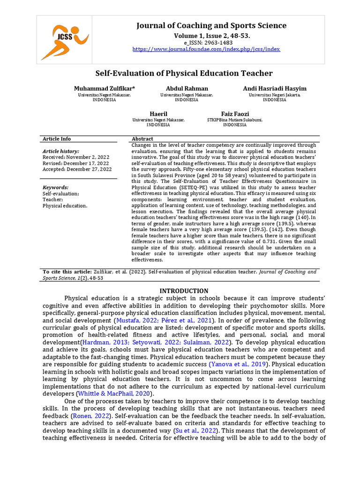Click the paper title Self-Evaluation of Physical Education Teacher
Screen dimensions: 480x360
184,73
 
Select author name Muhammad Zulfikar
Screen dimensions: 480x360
104,89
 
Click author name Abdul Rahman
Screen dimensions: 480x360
187,89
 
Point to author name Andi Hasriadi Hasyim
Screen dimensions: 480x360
274,89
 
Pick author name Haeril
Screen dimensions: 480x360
158,114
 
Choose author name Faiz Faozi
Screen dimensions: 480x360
235,114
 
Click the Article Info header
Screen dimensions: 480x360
57,139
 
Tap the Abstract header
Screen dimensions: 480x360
142,139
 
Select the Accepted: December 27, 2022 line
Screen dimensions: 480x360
77,169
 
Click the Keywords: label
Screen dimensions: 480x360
55,187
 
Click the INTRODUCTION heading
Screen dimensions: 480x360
184,291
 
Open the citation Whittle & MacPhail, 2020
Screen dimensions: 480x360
110,394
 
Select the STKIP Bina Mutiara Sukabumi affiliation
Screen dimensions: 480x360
235,120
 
